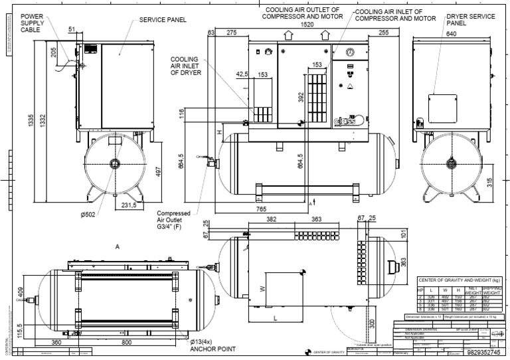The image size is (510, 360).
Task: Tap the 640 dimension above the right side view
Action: coord(433,33)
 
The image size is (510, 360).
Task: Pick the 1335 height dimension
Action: coord(31,121)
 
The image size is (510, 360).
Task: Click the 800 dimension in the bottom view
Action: coord(126,342)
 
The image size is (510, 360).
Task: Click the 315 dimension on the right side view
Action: coord(489,182)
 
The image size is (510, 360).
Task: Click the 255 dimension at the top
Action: coord(384,32)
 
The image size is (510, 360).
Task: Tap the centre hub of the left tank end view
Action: coord(116,163)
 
